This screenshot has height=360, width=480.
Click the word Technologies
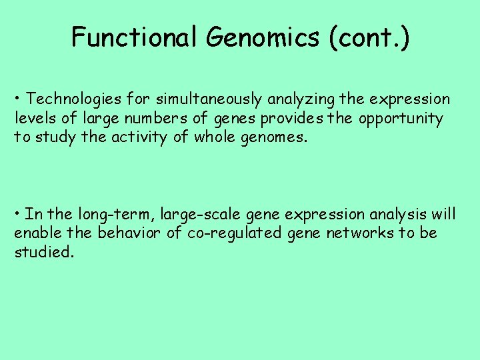(x=71, y=99)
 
